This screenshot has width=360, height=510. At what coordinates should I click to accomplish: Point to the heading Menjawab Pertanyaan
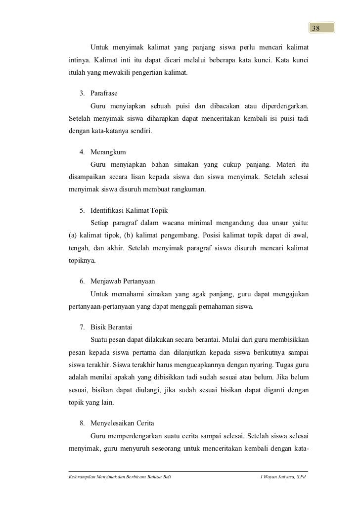point(123,281)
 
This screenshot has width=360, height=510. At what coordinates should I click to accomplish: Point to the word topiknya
point(83,260)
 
